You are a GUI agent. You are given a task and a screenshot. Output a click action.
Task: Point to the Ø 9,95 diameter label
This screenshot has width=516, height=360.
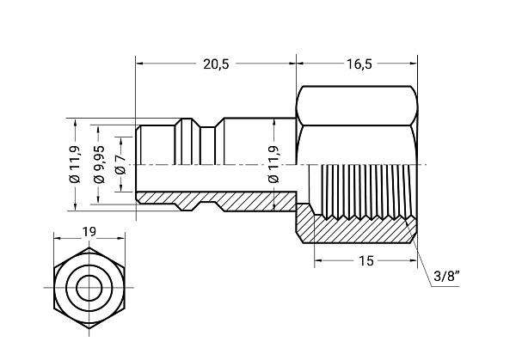100,163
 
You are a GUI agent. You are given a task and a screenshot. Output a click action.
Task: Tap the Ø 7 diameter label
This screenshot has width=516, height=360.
120,163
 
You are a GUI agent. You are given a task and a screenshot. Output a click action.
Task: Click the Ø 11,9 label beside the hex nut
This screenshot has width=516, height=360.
273,163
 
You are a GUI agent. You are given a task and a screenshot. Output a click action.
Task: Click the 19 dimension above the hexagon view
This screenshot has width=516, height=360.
89,233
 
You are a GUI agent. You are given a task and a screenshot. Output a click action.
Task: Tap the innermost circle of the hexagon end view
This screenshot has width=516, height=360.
89,287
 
